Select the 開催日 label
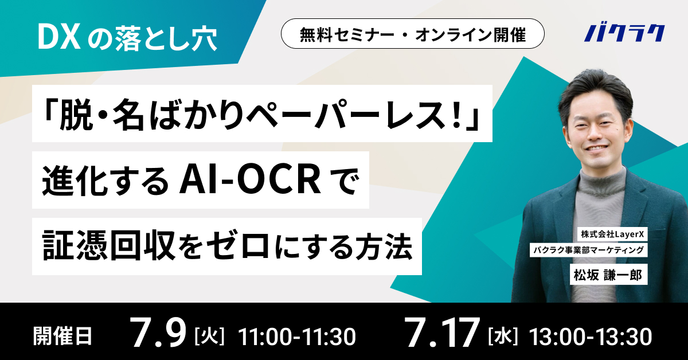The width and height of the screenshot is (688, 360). pyautogui.click(x=62, y=336)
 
